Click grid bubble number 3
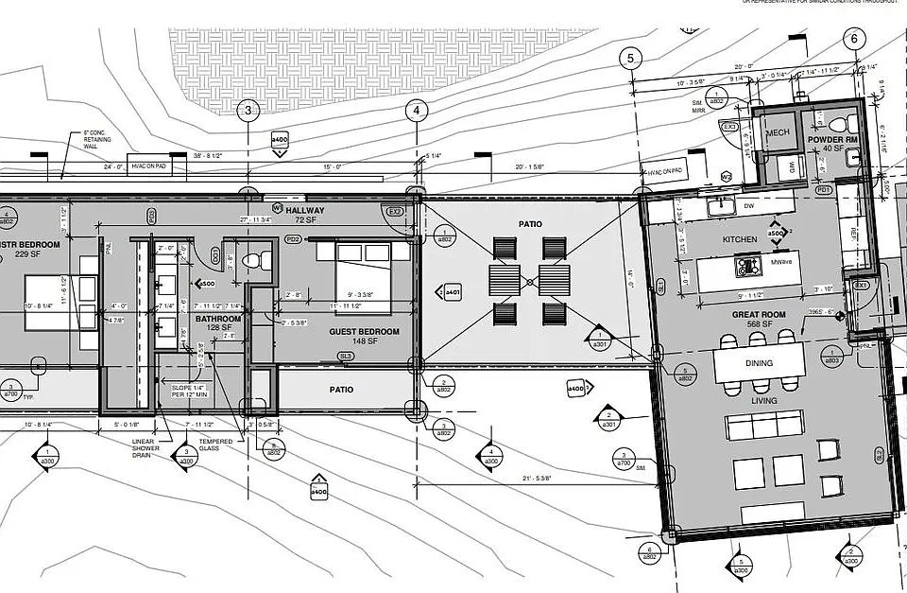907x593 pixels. tap(248, 111)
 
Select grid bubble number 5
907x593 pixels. tap(630, 59)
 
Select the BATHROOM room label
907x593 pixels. tap(218, 319)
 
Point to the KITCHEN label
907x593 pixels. tap(740, 239)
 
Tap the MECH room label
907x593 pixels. tap(778, 133)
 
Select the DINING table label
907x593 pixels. tap(759, 363)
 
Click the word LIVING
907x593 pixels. tap(763, 401)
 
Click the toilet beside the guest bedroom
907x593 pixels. tap(252, 259)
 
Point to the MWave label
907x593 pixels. tap(780, 261)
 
